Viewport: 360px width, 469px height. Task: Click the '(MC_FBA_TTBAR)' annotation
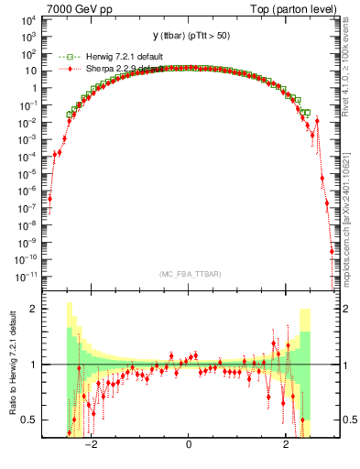pos(189,275)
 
